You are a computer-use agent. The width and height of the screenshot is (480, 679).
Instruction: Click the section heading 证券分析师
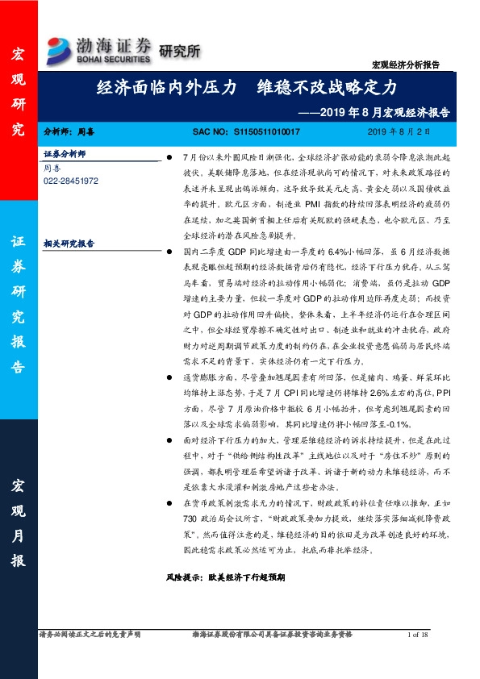point(64,153)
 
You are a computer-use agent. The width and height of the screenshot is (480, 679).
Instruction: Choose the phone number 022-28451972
point(71,181)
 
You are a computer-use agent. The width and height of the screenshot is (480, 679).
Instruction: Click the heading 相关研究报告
point(69,241)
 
